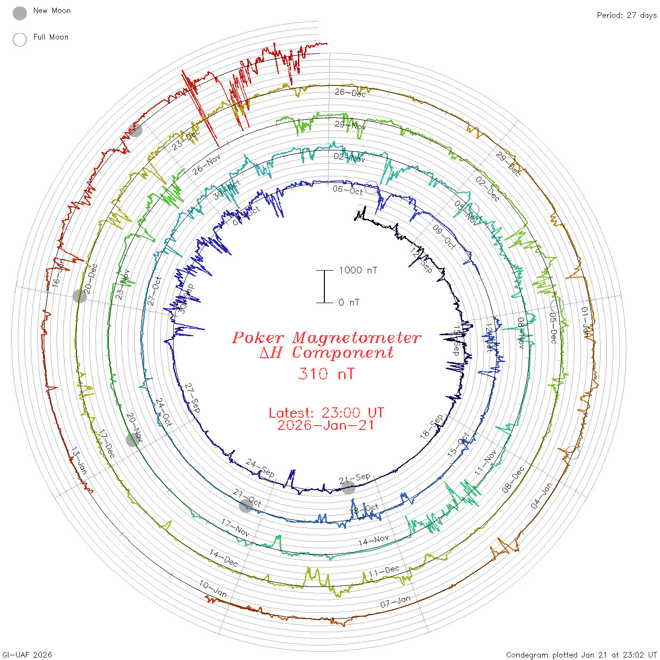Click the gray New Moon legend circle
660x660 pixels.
click(20, 13)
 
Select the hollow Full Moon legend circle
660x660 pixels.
click(20, 40)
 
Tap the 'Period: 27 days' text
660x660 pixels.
click(627, 15)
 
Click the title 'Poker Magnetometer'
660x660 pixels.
click(326, 338)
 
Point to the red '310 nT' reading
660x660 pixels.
click(326, 374)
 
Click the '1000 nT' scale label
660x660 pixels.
click(358, 270)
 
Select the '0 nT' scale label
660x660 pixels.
click(349, 302)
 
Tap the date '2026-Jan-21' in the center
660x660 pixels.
click(326, 425)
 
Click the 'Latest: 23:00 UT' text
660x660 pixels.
click(326, 413)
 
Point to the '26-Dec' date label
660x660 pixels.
click(350, 93)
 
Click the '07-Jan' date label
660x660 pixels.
click(396, 602)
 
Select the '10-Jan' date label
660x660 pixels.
click(213, 589)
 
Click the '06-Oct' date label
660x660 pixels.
click(348, 190)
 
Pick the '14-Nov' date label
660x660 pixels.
click(373, 540)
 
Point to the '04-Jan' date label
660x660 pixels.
click(541, 496)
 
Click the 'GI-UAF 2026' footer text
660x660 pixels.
click(27, 655)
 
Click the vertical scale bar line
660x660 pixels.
click(324, 286)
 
